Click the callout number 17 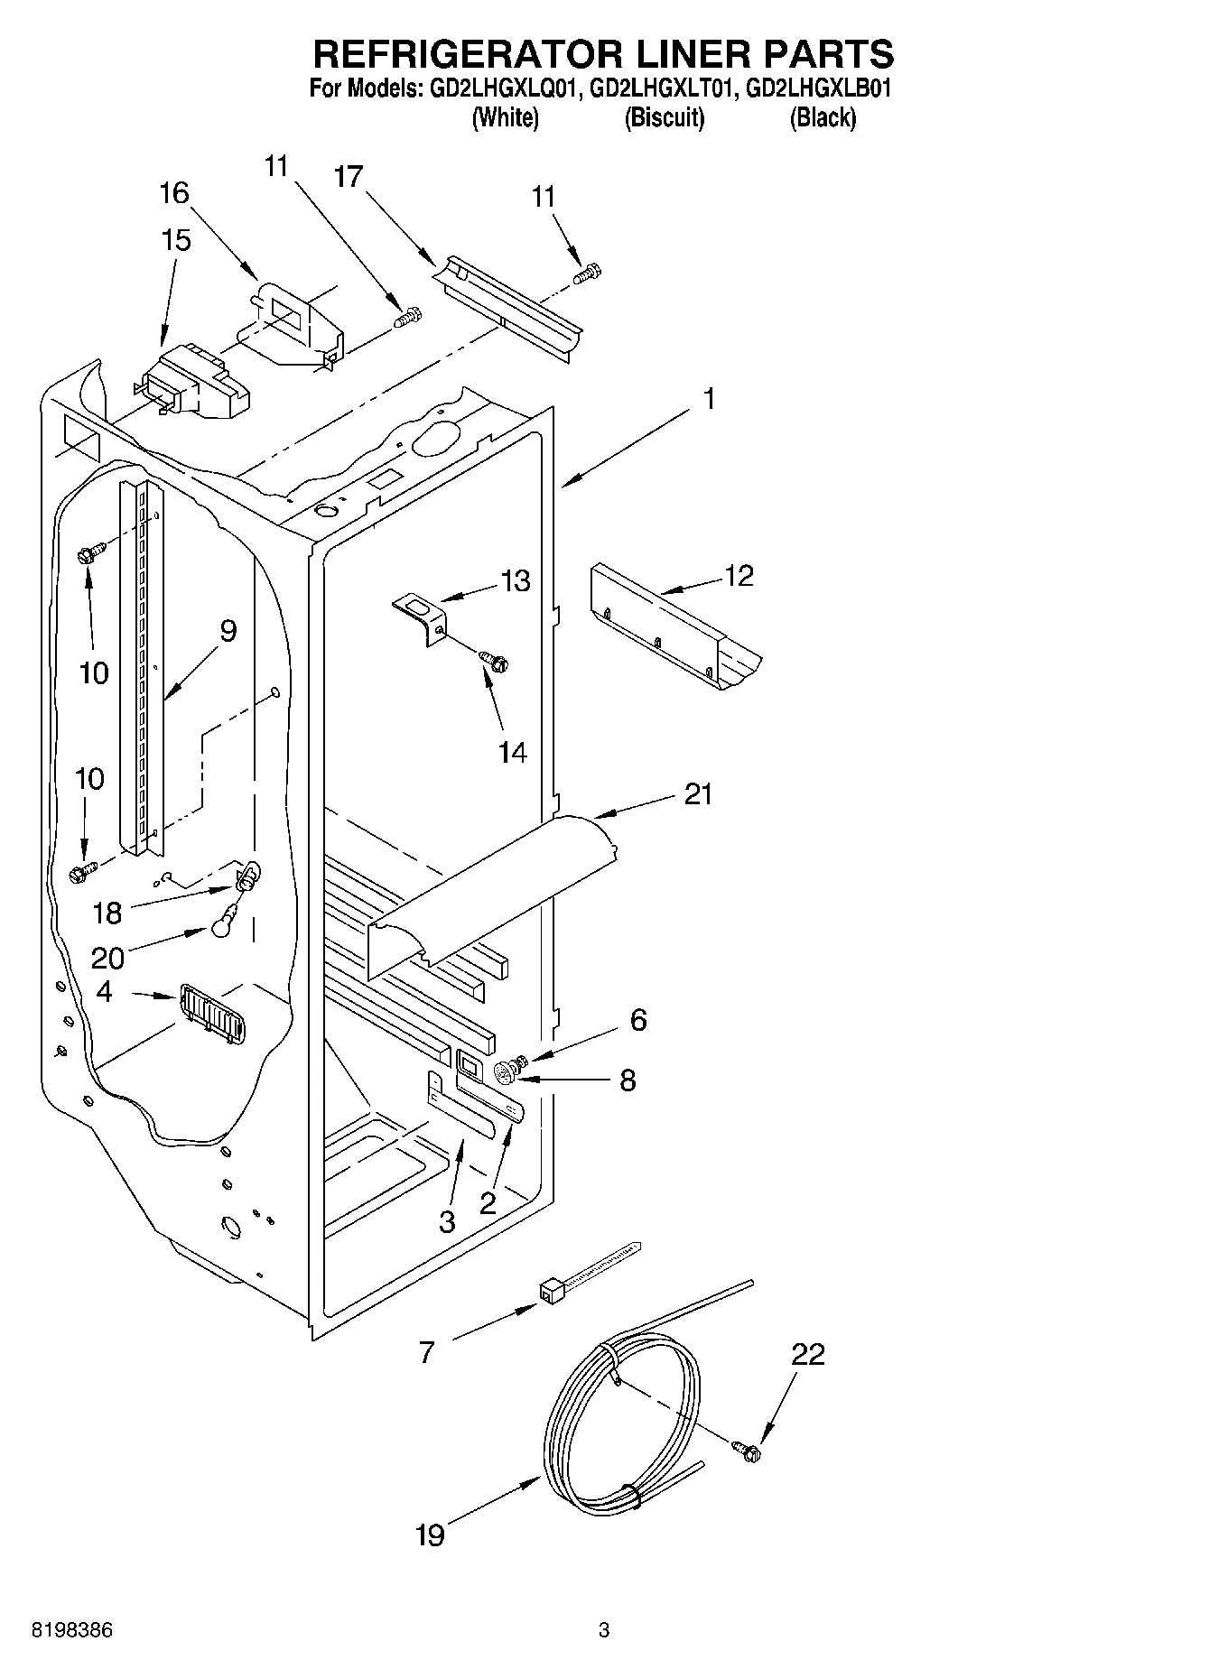(x=348, y=177)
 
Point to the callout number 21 (x=698, y=794)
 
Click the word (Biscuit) (x=664, y=117)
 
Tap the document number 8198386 (x=72, y=1630)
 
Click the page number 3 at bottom (x=604, y=1630)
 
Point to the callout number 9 (x=228, y=630)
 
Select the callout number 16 (x=175, y=192)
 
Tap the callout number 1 (x=710, y=398)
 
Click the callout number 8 (x=628, y=1080)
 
